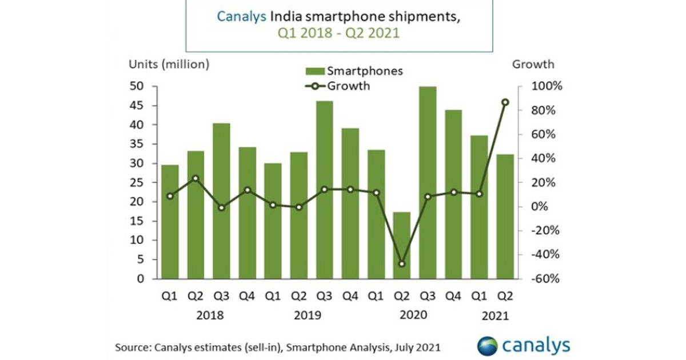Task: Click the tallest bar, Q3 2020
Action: pos(427,183)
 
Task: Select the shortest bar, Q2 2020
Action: pos(401,246)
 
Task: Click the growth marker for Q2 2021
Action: pos(505,102)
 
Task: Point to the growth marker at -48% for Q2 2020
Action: pos(401,264)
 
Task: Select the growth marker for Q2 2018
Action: pos(196,178)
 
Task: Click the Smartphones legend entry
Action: pos(354,71)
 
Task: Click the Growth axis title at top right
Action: pos(533,65)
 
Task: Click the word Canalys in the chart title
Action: pos(240,16)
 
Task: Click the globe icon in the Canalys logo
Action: pos(488,346)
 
